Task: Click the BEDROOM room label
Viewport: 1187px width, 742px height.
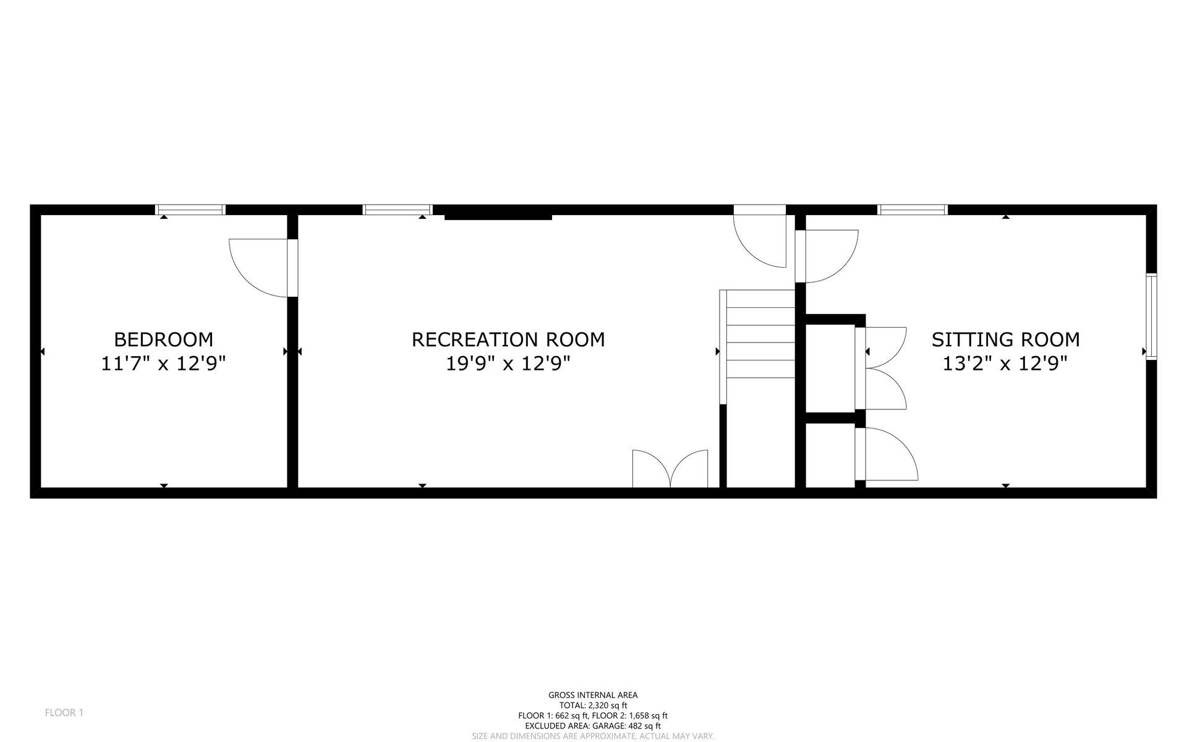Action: (x=163, y=339)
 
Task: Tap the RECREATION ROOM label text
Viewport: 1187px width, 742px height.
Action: (x=508, y=339)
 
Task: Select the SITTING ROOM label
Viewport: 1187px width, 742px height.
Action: (x=1005, y=339)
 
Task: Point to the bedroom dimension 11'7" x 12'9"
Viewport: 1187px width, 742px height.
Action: (x=163, y=364)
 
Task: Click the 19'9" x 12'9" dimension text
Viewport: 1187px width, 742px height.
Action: (x=508, y=364)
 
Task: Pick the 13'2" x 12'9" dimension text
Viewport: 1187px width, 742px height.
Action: (x=1005, y=364)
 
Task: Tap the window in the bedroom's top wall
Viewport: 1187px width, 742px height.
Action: (x=190, y=210)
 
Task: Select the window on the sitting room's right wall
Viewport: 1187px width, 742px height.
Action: (x=1151, y=317)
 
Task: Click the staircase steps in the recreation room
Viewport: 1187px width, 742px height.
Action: (x=760, y=334)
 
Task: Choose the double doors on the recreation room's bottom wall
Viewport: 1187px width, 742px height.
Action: (x=670, y=470)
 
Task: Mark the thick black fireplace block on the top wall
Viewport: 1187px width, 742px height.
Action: (x=498, y=216)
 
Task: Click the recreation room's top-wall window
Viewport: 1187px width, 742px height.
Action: (x=397, y=210)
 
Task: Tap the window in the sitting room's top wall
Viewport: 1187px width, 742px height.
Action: (x=913, y=210)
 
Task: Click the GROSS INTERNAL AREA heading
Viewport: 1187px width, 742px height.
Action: (x=593, y=695)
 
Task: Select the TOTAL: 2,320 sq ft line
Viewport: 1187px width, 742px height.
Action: (x=593, y=705)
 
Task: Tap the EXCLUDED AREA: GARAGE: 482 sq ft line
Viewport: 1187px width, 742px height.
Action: (x=593, y=726)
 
